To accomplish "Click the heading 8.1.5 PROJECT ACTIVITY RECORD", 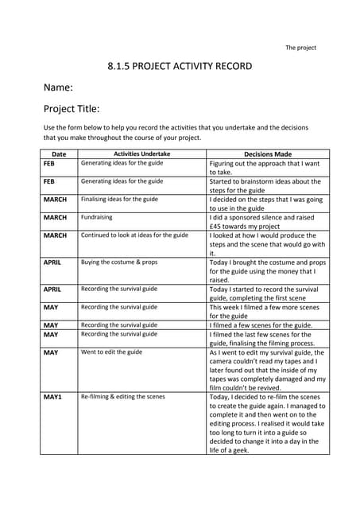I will coord(180,67).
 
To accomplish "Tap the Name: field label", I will coord(58,88).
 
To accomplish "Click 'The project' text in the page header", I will coord(300,48).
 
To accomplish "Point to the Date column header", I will coord(59,153).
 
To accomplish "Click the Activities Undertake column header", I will coord(141,153).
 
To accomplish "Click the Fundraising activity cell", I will coord(97,217).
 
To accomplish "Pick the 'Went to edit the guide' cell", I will coord(112,352).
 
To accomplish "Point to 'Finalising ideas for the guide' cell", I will coord(119,199).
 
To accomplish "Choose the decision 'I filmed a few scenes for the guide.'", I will coord(261,324).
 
